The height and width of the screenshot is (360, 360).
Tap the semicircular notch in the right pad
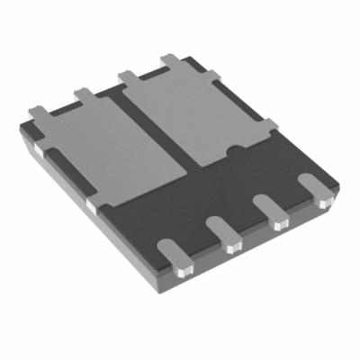(x=236, y=148)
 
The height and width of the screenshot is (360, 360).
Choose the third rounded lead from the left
(x=267, y=209)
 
